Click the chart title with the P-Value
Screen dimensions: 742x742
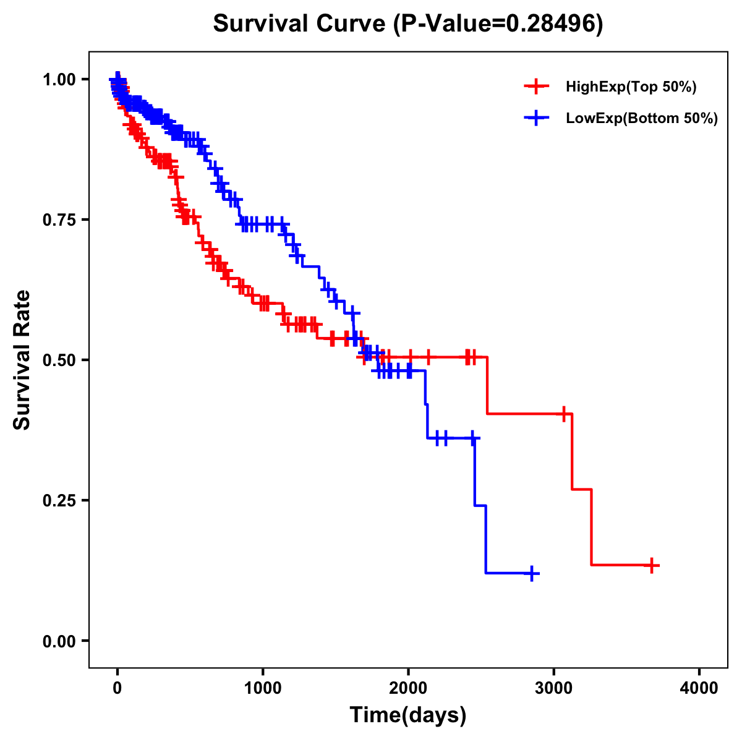click(408, 24)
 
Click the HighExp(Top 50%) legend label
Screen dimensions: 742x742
click(631, 87)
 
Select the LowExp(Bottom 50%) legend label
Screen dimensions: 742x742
click(642, 119)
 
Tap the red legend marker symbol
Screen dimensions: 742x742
click(537, 87)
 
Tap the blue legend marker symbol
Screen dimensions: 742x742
click(537, 118)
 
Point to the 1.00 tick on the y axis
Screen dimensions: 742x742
click(59, 80)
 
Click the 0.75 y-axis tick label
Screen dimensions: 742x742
click(59, 220)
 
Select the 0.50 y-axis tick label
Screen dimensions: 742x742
click(59, 360)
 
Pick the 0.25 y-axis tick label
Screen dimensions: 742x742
click(59, 501)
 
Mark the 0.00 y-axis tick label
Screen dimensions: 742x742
click(59, 641)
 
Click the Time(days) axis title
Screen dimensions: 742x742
click(408, 715)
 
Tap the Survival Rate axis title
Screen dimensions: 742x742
click(22, 360)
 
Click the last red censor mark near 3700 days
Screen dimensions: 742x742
click(651, 565)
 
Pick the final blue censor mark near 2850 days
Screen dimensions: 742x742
click(531, 574)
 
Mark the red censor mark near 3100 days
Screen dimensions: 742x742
click(563, 414)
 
